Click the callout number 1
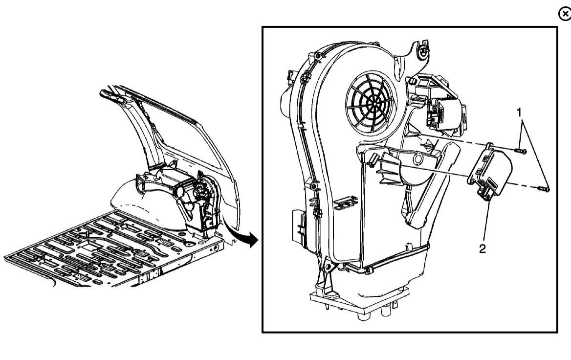[520, 113]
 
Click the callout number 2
[483, 249]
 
